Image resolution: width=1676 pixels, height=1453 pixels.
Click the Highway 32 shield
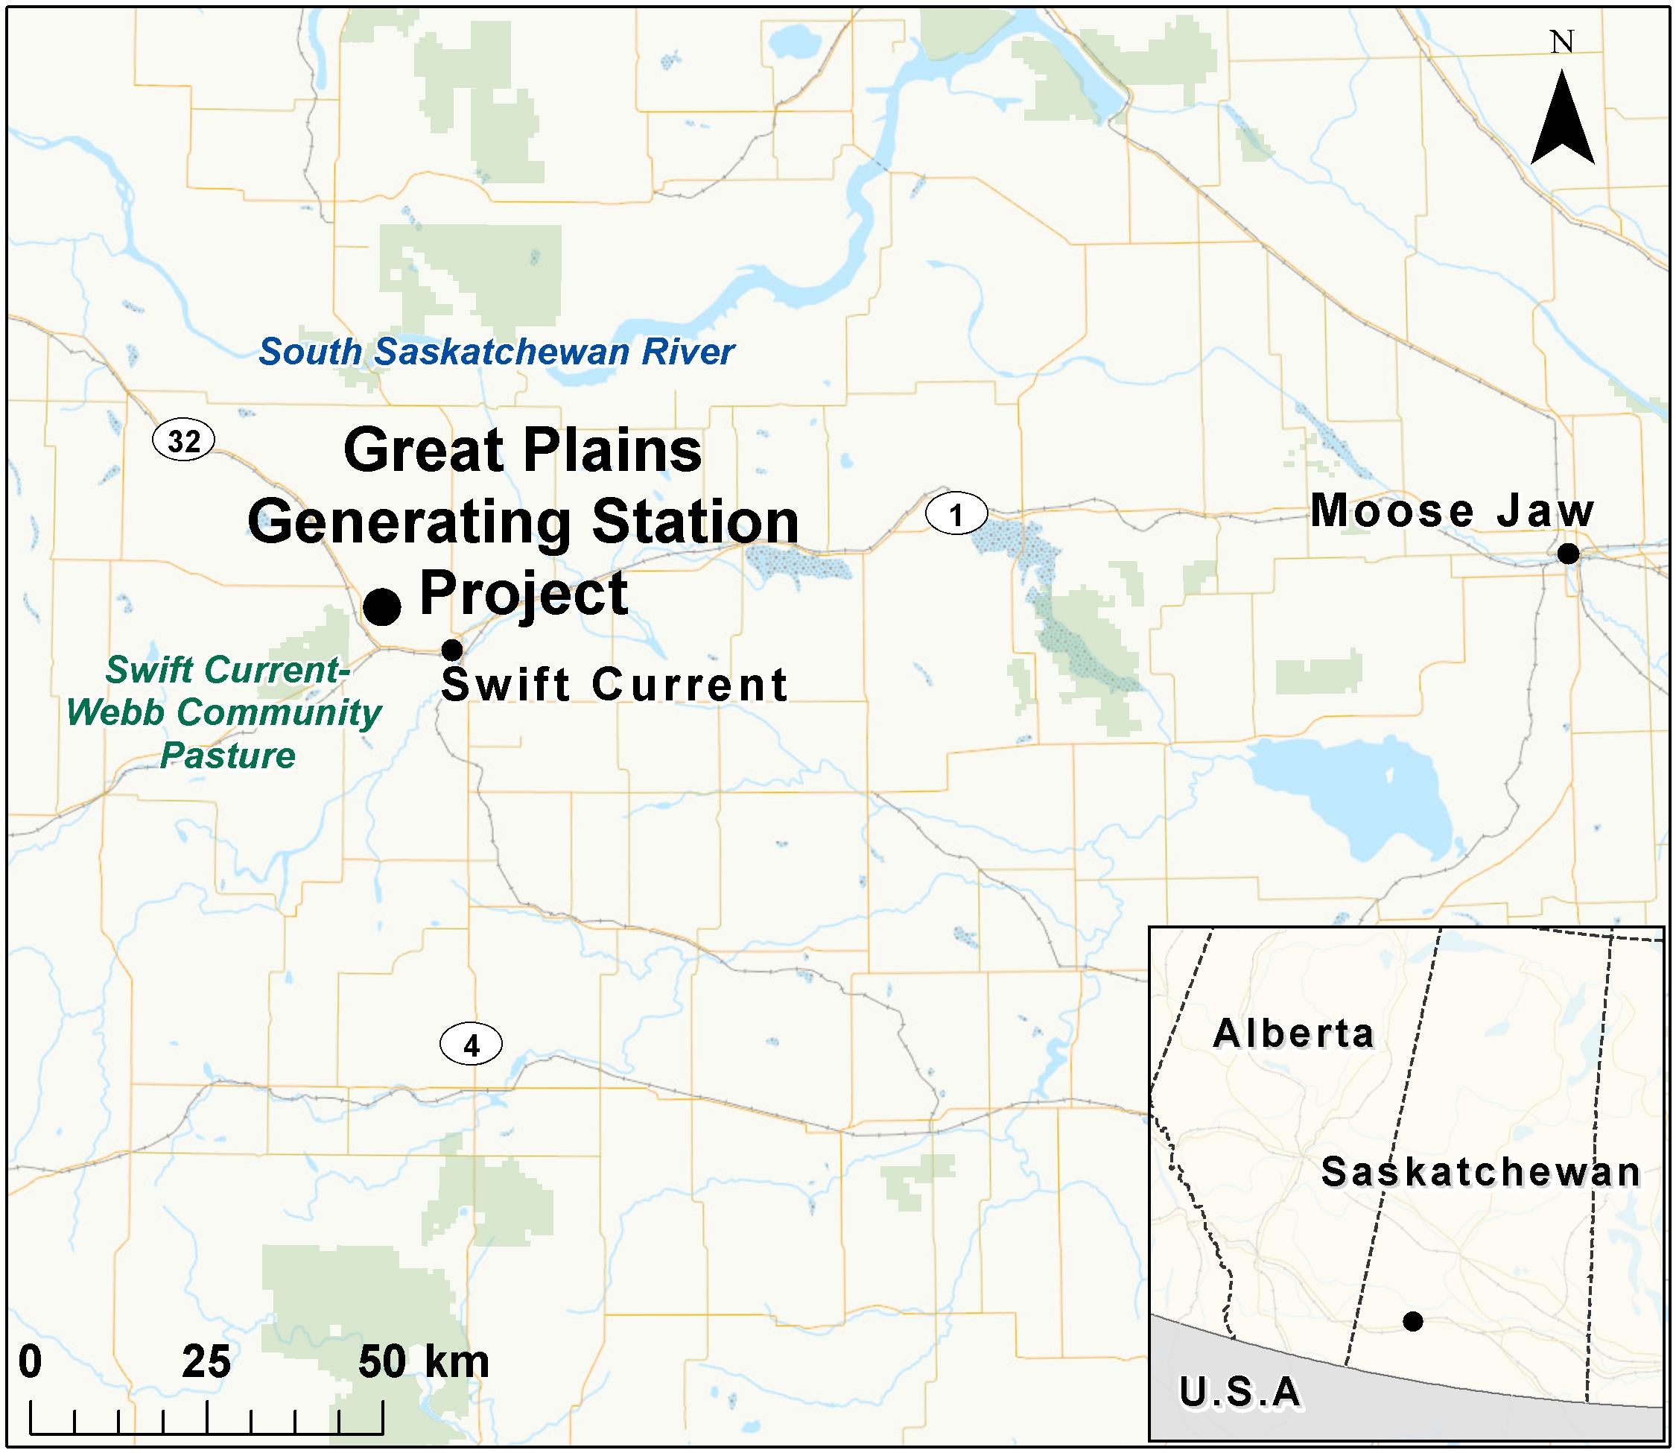[184, 440]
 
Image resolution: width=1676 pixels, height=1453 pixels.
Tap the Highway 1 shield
[956, 514]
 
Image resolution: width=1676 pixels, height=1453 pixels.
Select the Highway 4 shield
[471, 1045]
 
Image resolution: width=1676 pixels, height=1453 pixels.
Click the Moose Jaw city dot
[1568, 554]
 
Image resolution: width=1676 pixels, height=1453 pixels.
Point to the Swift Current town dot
[452, 650]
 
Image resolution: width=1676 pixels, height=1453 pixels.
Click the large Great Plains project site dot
[381, 607]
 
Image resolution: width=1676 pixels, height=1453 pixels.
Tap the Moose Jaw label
[1452, 511]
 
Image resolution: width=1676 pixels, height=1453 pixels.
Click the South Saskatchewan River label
[496, 352]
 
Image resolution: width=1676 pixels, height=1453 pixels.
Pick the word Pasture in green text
[228, 756]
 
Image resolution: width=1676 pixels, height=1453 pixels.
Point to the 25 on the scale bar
[206, 1361]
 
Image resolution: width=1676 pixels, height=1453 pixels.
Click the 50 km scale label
[423, 1361]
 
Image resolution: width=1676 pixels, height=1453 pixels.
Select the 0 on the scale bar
[30, 1361]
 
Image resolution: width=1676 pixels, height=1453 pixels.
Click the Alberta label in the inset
[1293, 1033]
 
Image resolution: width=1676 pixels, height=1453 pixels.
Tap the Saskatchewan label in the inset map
[1481, 1172]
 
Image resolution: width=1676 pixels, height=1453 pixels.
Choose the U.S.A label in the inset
[1240, 1392]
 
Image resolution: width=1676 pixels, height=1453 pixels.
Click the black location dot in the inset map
[1412, 1322]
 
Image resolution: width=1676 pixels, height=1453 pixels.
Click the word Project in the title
[524, 595]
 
